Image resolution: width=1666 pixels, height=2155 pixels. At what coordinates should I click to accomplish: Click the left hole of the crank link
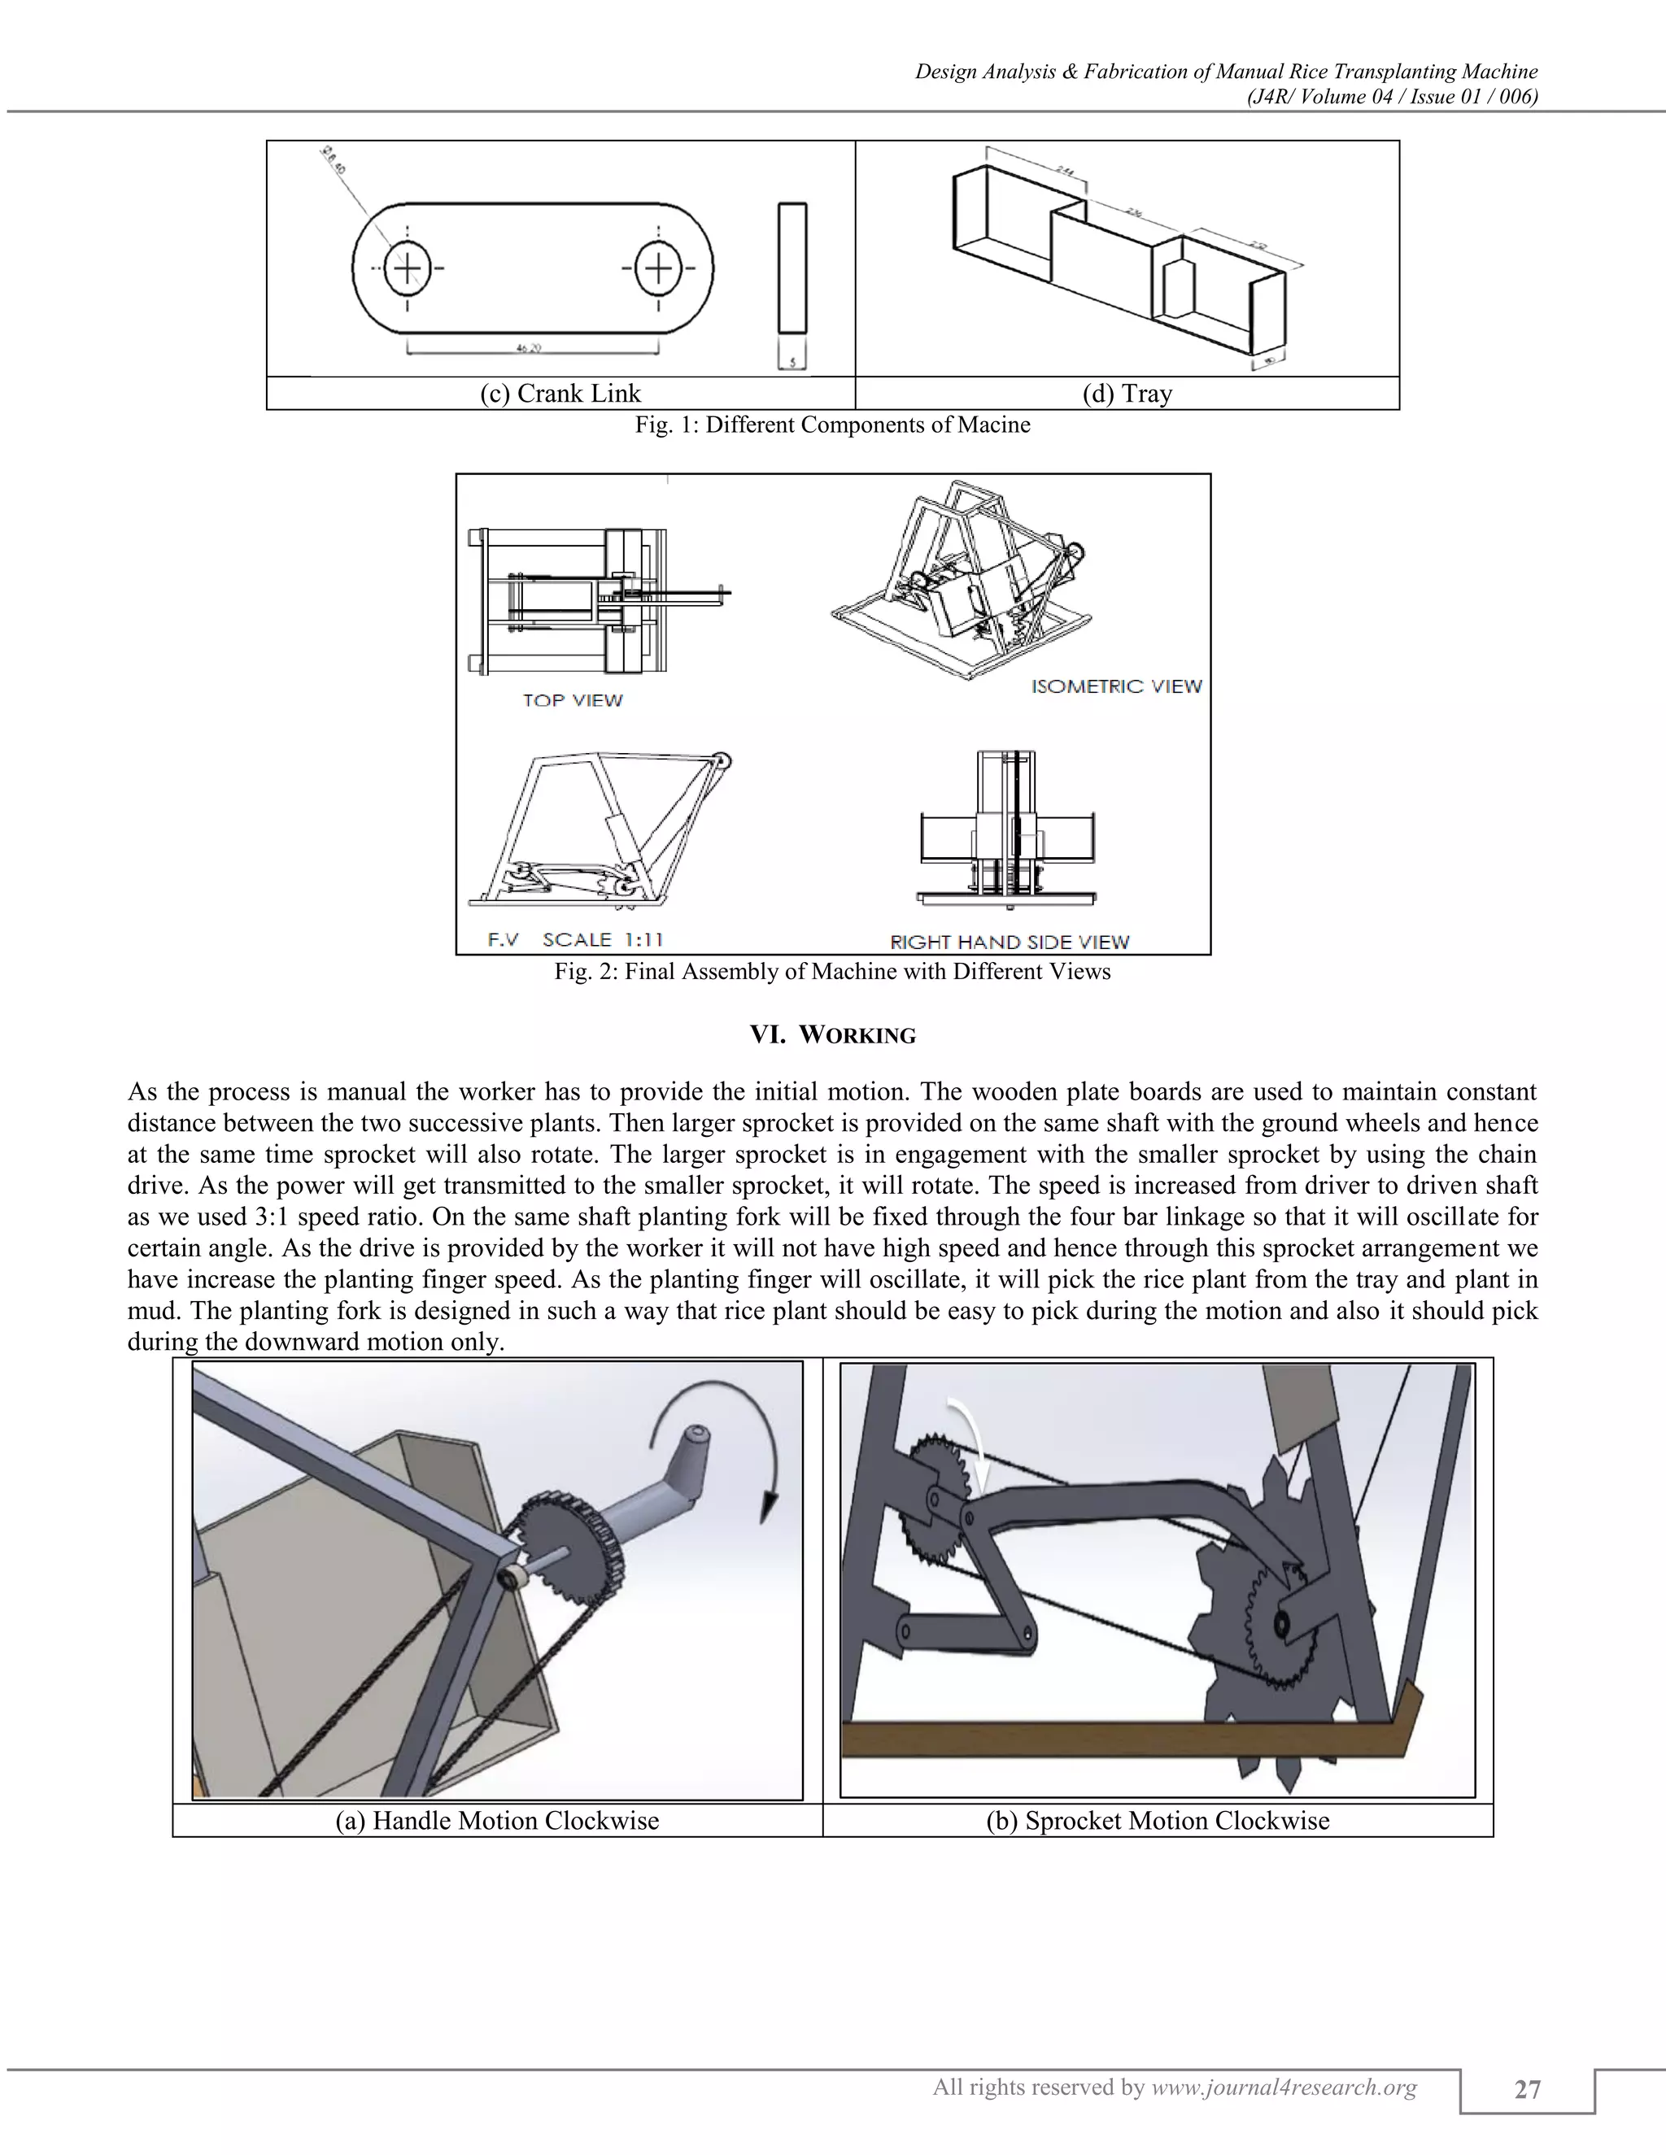[408, 268]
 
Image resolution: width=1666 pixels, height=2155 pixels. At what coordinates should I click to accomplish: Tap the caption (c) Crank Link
[560, 394]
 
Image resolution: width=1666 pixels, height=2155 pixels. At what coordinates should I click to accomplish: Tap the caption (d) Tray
[1127, 394]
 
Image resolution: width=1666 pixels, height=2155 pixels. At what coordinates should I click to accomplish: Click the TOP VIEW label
[573, 699]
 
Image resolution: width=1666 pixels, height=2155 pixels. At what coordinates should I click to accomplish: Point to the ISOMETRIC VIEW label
[1116, 686]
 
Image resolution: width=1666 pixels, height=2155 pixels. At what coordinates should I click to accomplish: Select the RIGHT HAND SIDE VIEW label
[1010, 942]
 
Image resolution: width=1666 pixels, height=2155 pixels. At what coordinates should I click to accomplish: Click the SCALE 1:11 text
[602, 939]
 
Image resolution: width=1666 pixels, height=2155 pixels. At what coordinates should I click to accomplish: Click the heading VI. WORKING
[833, 1035]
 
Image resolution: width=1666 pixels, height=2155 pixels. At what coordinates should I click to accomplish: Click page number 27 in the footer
[1527, 2089]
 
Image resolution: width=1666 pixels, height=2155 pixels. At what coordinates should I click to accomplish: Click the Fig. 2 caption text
[832, 971]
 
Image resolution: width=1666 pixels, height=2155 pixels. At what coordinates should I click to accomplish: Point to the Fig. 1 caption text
[832, 424]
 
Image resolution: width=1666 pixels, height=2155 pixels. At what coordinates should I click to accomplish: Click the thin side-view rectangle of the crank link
[792, 268]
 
